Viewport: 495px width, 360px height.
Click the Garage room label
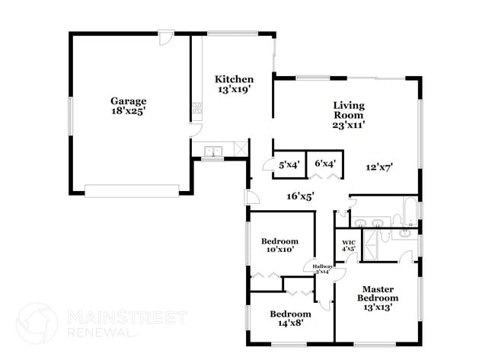[128, 100]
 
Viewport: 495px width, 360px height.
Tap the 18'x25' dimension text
[128, 110]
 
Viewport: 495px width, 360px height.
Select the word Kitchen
[234, 79]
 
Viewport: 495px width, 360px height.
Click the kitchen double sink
[212, 151]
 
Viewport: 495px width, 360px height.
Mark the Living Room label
[348, 110]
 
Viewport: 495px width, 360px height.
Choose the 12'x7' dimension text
[378, 167]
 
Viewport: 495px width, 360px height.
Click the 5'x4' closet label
[289, 164]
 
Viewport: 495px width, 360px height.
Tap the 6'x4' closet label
[326, 163]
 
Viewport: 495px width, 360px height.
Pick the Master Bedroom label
[377, 293]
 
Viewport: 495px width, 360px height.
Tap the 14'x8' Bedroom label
[290, 318]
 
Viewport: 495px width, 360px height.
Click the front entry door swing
[251, 198]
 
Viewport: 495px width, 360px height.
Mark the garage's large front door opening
[132, 190]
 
